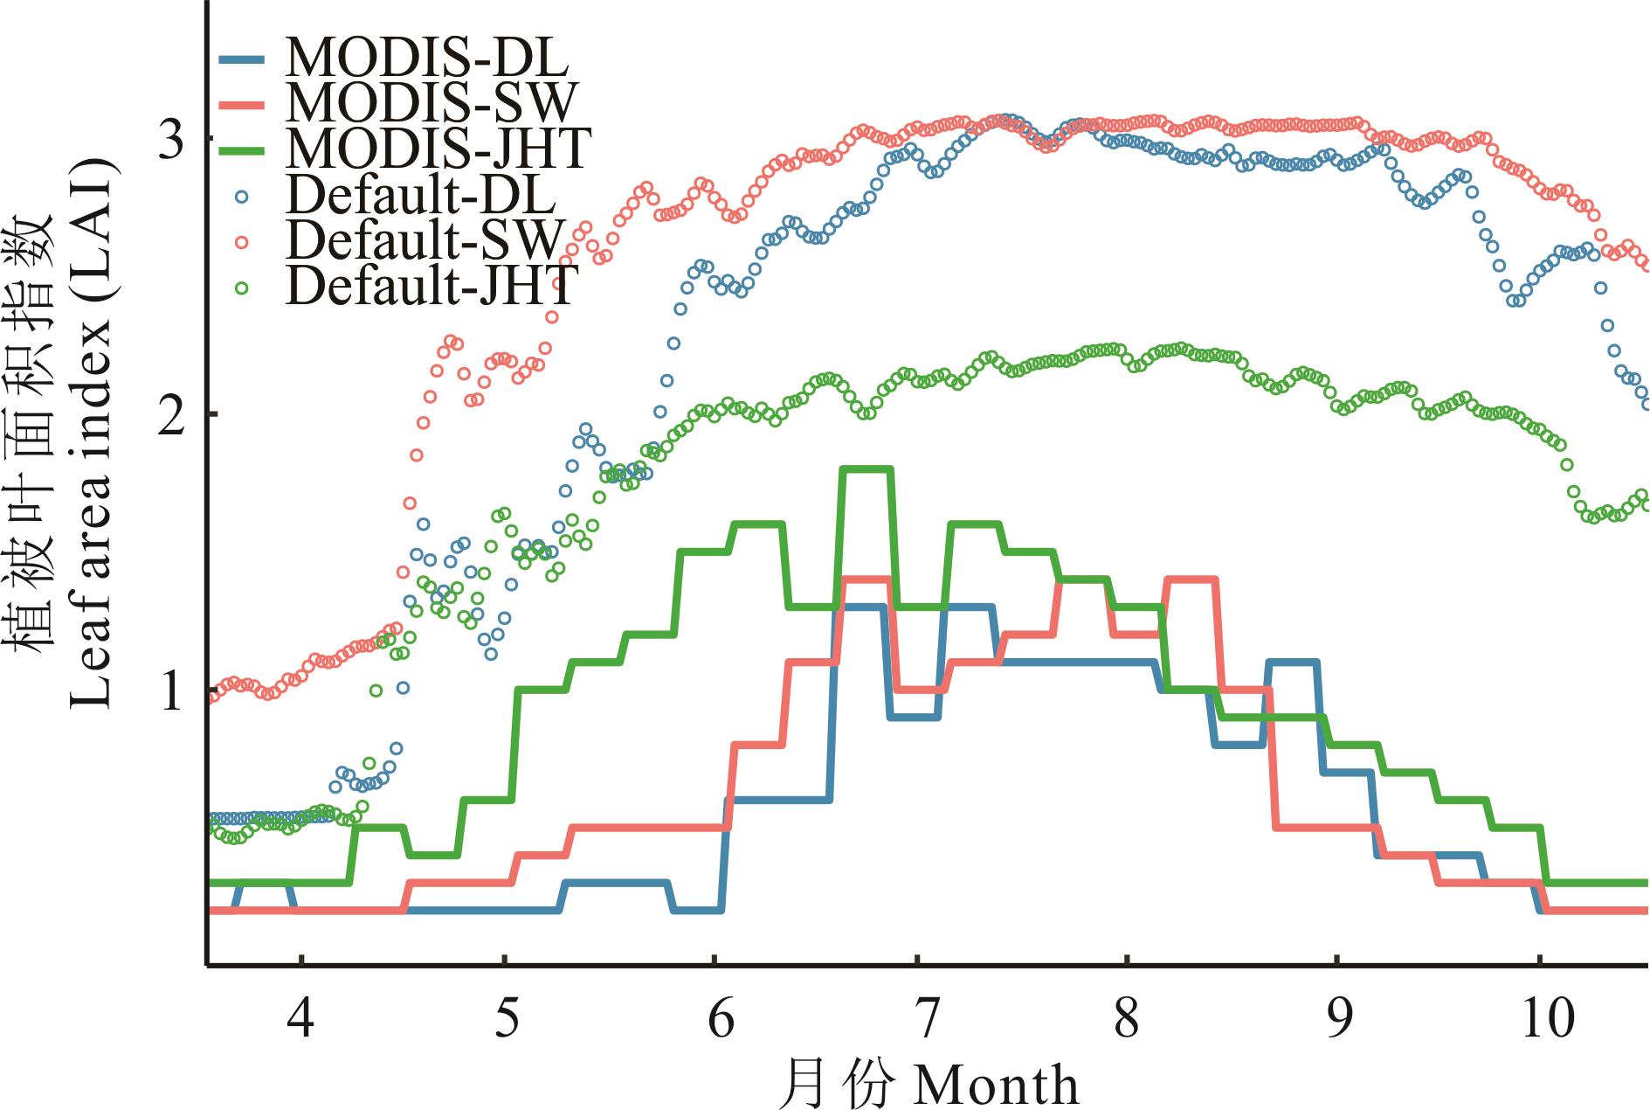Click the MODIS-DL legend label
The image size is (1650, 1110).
coord(427,58)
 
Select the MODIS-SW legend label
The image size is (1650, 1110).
coord(431,103)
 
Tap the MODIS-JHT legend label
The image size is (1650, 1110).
coord(439,148)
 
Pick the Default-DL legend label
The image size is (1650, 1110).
coord(420,194)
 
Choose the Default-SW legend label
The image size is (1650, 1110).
coord(425,239)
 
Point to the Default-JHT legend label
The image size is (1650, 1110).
coord(432,284)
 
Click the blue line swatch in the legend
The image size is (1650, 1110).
coord(242,59)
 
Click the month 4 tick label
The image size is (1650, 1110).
coord(300,1018)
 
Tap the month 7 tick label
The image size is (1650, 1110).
coord(925,1018)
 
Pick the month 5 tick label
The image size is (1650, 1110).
coord(507,1018)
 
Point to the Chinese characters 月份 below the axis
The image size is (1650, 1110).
coord(839,1085)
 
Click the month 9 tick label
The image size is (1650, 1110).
coord(1337,1018)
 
